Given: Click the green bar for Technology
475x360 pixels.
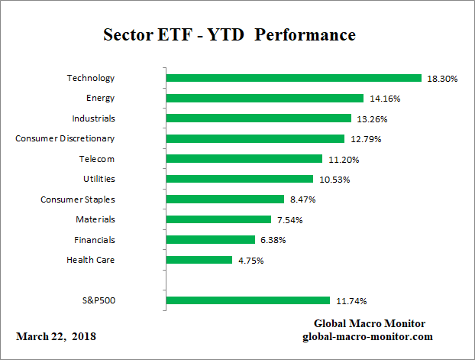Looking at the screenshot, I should click(293, 78).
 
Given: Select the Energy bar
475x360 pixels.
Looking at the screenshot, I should click(264, 98).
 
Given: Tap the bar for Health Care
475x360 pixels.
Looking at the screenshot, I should click(199, 260).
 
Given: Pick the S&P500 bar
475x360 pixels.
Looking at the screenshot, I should click(247, 300).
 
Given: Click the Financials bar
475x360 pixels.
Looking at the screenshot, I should click(210, 239).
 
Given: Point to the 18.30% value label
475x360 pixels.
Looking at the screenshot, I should click(442, 79).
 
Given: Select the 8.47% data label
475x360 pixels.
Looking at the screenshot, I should click(302, 199).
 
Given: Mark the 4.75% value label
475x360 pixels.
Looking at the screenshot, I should click(250, 261).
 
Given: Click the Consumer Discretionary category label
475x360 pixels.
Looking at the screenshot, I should click(65, 138).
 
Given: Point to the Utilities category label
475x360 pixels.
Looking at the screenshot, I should click(99, 179).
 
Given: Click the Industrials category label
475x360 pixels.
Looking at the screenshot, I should click(93, 118).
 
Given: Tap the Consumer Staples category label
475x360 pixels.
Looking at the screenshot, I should click(77, 199).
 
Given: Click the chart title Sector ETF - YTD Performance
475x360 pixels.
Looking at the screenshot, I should click(229, 36).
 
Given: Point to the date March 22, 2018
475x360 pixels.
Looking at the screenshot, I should click(56, 336).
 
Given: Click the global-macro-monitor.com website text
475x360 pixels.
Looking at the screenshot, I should click(369, 336).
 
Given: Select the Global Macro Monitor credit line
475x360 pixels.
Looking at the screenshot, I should click(370, 323).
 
